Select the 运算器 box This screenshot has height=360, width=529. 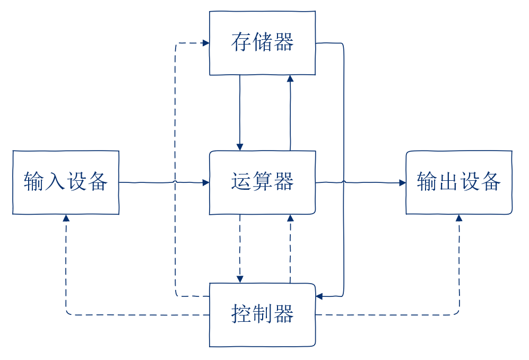pyautogui.click(x=263, y=183)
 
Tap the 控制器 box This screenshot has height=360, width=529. pyautogui.click(x=263, y=315)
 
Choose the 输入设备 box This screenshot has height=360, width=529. pyautogui.click(x=66, y=183)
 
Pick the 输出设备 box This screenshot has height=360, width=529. pyautogui.click(x=459, y=183)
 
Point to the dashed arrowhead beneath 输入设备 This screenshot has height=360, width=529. pyautogui.click(x=66, y=218)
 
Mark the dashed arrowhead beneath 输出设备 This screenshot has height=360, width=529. pyautogui.click(x=459, y=218)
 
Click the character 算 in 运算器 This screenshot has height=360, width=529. pyautogui.click(x=263, y=182)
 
